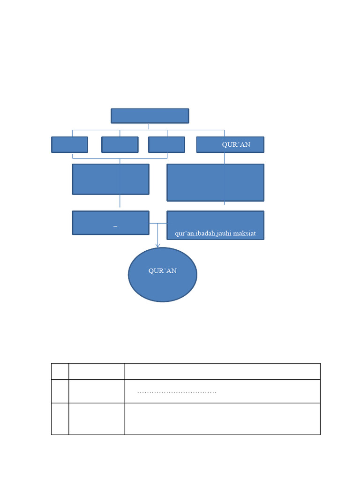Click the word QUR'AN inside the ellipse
163,271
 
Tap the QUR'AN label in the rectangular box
236,144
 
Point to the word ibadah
205,233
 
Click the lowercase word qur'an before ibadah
185,233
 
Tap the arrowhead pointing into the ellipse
157,246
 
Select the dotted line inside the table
177,392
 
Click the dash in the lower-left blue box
115,226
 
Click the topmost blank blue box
150,116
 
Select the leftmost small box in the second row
69,144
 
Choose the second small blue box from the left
120,144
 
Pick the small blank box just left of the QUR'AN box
166,144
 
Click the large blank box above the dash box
111,180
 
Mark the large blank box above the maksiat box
216,183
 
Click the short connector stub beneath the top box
149,127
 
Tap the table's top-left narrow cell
60,371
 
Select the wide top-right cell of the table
222,371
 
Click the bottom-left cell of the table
60,419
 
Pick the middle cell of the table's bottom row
97,419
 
